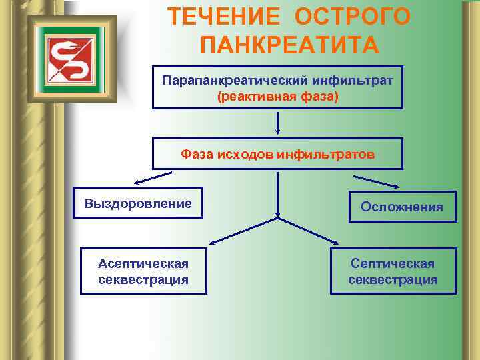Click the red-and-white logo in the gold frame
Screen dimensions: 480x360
click(71, 58)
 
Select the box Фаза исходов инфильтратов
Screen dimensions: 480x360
click(277, 154)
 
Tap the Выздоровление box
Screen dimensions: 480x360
click(138, 203)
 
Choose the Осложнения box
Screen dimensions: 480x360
click(401, 207)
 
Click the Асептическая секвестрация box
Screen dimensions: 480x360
click(143, 271)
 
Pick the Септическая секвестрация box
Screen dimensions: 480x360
click(393, 271)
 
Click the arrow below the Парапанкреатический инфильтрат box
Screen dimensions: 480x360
click(277, 123)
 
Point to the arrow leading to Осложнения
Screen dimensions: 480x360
click(376, 181)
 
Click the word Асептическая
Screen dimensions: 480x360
click(143, 264)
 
